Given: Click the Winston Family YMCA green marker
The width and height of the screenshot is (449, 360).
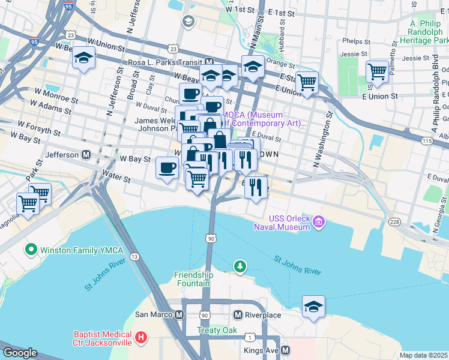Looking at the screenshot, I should click(30, 248).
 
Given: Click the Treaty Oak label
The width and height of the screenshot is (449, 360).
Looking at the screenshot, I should click(217, 331).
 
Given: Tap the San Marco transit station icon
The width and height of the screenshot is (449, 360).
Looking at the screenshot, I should click(179, 314).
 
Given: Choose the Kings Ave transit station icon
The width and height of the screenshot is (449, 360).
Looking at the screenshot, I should click(286, 350).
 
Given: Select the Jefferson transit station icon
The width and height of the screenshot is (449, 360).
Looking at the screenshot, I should click(86, 155).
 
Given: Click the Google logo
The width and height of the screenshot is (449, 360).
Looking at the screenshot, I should click(19, 353).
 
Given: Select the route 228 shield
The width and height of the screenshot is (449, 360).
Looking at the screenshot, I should click(394, 223).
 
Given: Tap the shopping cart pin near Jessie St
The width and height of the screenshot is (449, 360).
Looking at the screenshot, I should click(377, 71).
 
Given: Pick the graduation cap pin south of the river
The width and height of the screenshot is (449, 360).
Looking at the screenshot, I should click(313, 307).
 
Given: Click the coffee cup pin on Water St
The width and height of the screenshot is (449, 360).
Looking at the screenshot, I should click(166, 167).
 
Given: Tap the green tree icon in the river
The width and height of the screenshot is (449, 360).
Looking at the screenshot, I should click(240, 265).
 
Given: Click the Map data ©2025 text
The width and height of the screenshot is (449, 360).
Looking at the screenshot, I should click(423, 355).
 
